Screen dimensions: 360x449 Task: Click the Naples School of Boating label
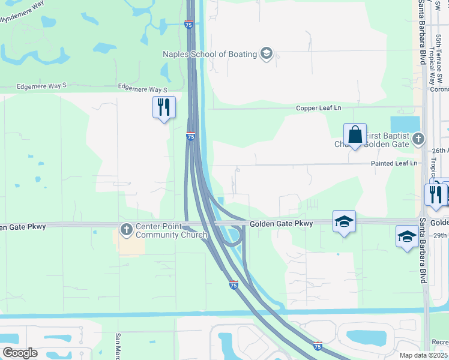tap(210, 54)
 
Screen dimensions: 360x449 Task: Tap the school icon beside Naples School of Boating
tap(267, 54)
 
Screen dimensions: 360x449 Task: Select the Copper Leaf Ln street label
tap(318, 108)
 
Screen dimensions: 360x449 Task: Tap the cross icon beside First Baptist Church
tap(419, 139)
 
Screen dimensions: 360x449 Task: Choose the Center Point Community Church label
tap(171, 230)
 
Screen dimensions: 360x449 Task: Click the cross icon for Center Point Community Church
tap(126, 229)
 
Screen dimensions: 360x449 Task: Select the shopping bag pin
tap(355, 135)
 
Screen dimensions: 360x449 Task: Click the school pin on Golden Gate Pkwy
tap(345, 222)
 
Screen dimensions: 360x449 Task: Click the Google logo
tap(20, 353)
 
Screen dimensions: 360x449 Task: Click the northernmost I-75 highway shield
tap(188, 24)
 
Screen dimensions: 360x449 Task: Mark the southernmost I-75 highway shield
tap(318, 346)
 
